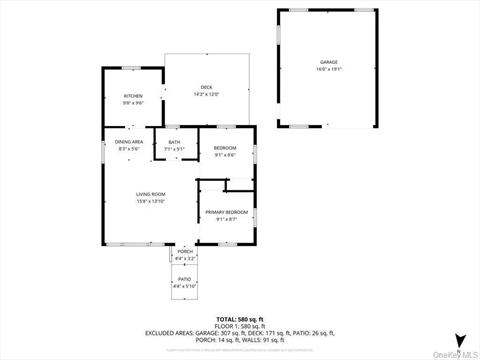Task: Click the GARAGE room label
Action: point(329,62)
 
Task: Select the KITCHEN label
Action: point(133,96)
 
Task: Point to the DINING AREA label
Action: point(129,143)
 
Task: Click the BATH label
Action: point(175,143)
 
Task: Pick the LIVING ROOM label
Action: point(151,194)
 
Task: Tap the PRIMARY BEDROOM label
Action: point(226,213)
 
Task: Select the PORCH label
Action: point(185,251)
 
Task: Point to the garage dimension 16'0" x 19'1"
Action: point(329,69)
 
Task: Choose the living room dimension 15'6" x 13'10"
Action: point(151,201)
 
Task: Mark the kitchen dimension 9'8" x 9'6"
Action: point(133,103)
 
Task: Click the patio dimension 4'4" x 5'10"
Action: point(185,286)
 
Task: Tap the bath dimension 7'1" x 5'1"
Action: point(175,149)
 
